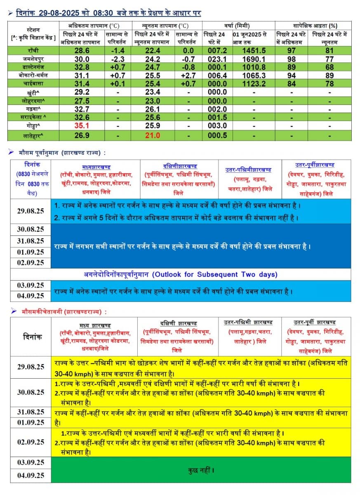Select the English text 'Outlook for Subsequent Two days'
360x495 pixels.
214,274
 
